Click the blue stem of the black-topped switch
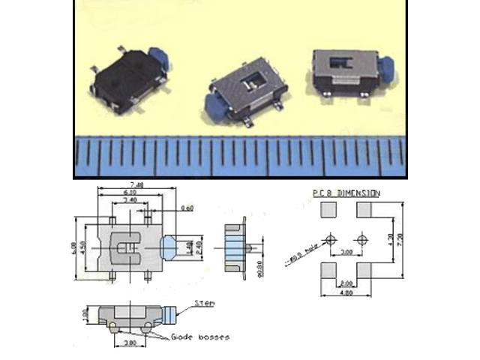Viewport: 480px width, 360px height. pos(159,58)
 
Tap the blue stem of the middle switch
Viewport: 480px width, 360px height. pos(211,109)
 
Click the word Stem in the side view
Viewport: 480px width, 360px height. pos(204,303)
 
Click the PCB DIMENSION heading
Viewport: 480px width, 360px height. pos(346,193)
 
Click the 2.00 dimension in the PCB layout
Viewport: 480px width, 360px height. pos(346,283)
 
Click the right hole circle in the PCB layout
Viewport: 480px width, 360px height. pos(362,240)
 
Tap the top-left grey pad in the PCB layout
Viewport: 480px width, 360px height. pos(328,210)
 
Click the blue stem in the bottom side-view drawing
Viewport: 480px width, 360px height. pos(175,312)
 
